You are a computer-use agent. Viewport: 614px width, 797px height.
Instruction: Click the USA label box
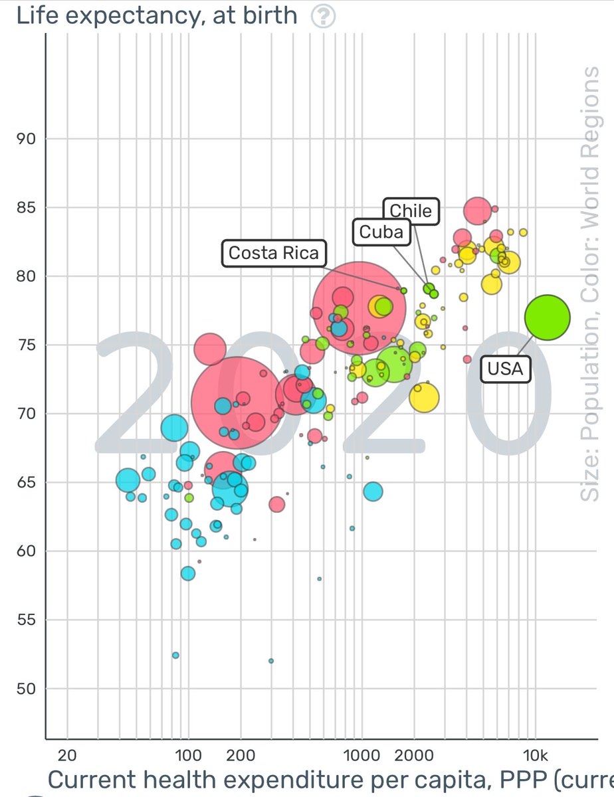click(x=506, y=368)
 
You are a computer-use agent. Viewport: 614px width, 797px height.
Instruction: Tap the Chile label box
click(x=411, y=211)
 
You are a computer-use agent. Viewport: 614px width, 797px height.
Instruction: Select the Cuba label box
click(x=381, y=232)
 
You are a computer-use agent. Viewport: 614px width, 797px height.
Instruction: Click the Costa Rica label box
click(x=274, y=253)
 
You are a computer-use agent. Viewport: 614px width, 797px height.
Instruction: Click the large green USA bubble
click(x=547, y=317)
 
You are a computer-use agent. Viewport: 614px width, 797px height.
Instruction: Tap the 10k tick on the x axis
click(x=536, y=754)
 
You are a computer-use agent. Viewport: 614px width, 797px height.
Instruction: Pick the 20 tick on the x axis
click(x=66, y=754)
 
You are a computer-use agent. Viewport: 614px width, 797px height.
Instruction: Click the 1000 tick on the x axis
click(x=361, y=754)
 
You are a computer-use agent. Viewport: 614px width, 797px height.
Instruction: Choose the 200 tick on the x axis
click(x=240, y=754)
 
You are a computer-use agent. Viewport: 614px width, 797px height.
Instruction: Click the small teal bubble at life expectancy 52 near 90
click(x=175, y=655)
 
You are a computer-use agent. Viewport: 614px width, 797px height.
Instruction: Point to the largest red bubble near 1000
click(x=359, y=308)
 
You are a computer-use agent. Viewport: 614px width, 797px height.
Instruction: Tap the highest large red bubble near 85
click(x=478, y=211)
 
